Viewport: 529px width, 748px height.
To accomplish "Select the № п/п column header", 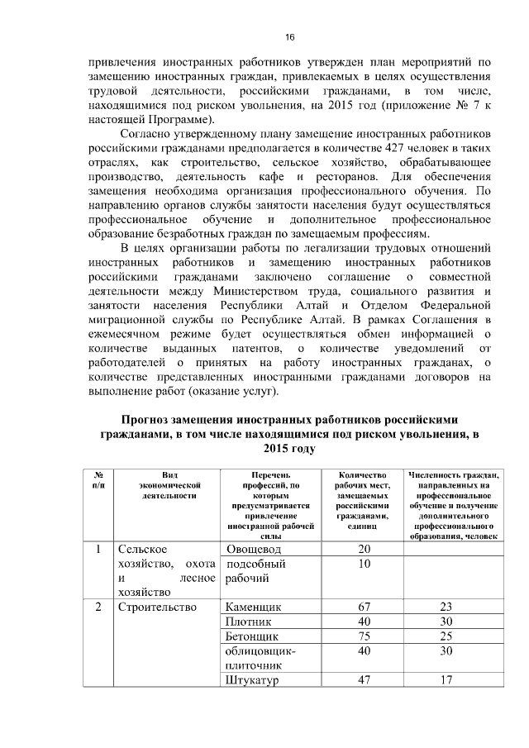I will [x=98, y=480].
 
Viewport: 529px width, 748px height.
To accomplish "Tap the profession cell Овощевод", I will [x=253, y=550].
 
